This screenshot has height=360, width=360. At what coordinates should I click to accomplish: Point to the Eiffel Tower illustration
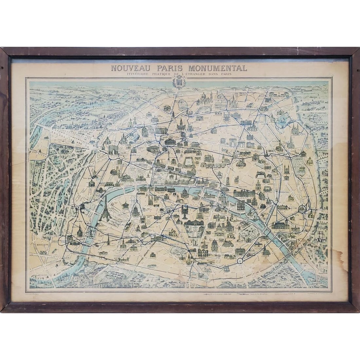[x=106, y=209]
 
